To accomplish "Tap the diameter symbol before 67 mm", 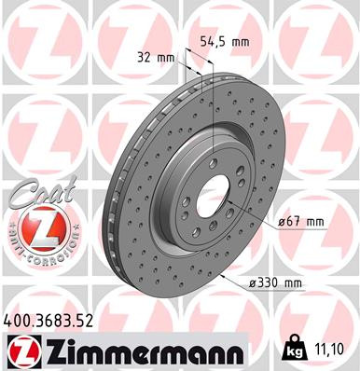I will coord(281,222).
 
